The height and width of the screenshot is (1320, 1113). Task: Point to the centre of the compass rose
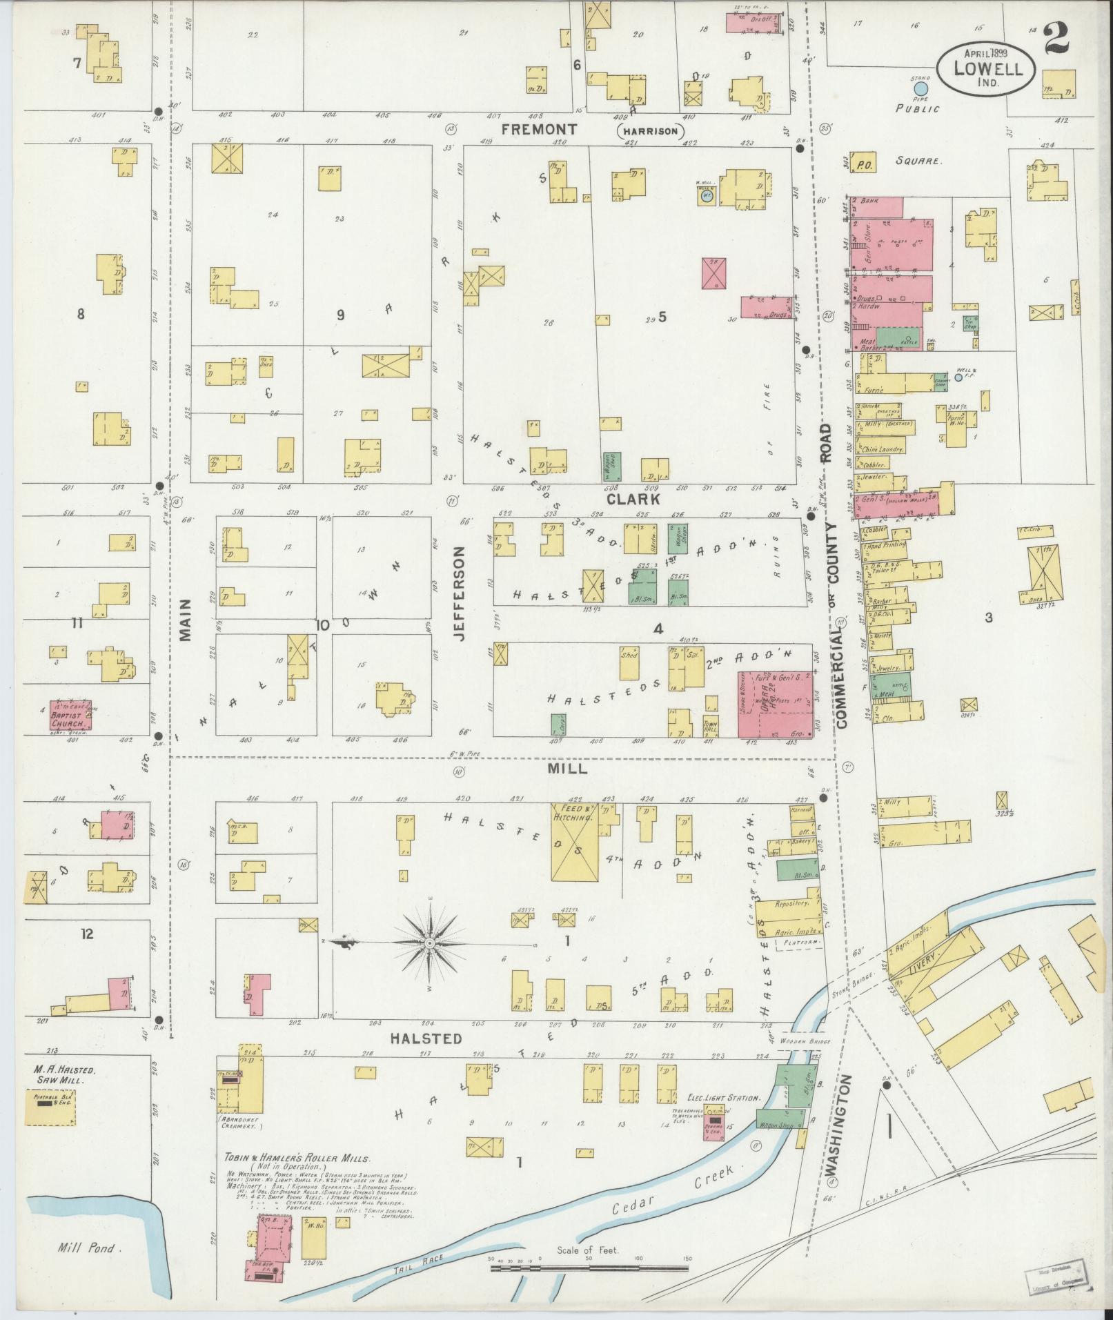pos(430,943)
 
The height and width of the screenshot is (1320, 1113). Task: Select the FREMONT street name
pos(539,129)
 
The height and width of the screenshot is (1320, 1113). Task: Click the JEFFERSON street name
pos(460,594)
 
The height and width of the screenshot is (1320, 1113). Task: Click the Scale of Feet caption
pos(588,1250)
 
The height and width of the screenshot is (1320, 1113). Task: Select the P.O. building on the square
pos(863,164)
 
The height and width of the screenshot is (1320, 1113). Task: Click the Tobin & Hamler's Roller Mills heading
pos(297,1159)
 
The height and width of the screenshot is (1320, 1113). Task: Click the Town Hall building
pos(711,726)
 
